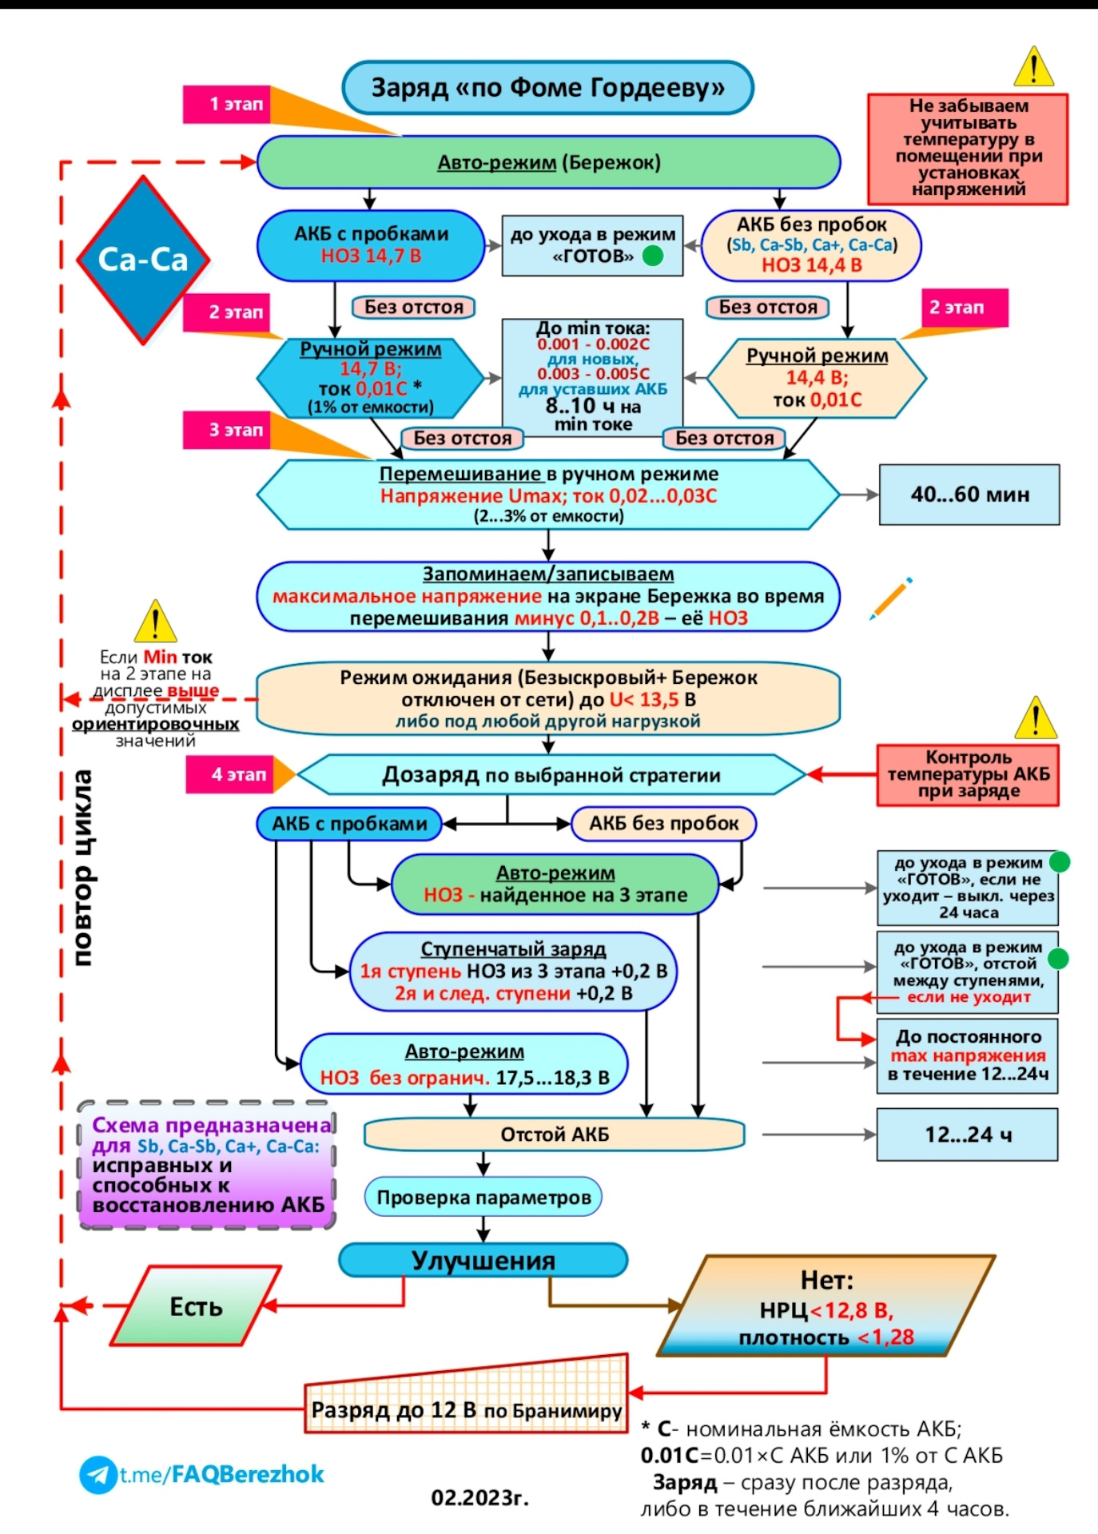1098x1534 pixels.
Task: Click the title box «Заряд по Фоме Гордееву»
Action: [547, 88]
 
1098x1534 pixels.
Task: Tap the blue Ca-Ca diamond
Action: [143, 260]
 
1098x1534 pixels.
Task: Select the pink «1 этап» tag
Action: [228, 104]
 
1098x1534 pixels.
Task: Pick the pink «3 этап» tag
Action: [228, 430]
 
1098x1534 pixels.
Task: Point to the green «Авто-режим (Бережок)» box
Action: [548, 162]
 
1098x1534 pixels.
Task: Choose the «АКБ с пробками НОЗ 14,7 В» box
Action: [371, 245]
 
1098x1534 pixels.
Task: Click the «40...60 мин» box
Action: [969, 495]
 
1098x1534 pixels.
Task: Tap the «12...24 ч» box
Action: [967, 1135]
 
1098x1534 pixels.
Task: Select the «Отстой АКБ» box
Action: [555, 1135]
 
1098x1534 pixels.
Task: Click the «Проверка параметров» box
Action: [483, 1197]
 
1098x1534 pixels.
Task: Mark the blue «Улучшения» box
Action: [483, 1260]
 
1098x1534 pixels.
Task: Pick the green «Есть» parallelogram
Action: [196, 1306]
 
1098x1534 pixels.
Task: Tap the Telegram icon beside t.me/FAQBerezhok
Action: [97, 1475]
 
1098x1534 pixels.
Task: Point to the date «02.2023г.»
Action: [479, 1497]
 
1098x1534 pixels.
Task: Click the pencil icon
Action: [891, 598]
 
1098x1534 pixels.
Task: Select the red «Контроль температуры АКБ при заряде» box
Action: [968, 774]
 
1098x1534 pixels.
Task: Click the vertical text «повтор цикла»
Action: [82, 867]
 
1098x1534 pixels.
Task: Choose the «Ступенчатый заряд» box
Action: [513, 971]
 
